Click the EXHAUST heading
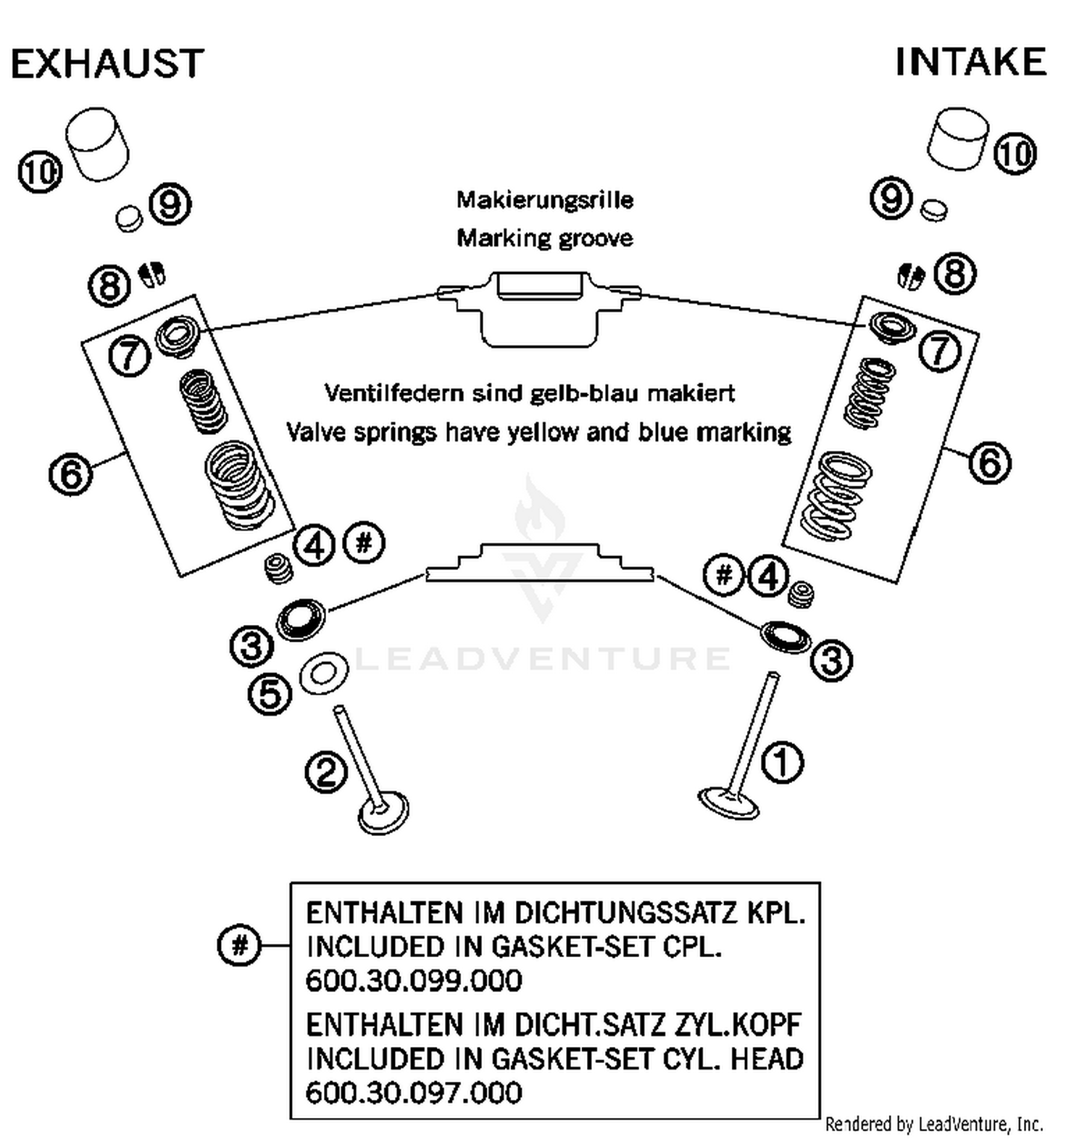tap(107, 64)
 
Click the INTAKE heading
tap(970, 62)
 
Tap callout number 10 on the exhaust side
tap(41, 172)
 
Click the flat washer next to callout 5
tap(324, 674)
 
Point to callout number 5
tap(270, 694)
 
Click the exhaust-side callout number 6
tap(71, 474)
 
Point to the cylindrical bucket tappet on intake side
tap(957, 139)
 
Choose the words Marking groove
tap(545, 238)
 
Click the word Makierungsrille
tap(545, 200)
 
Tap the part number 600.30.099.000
tap(414, 980)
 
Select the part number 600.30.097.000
tap(414, 1092)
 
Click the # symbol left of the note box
tap(239, 946)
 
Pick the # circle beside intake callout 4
tap(723, 576)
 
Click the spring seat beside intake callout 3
tap(786, 636)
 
